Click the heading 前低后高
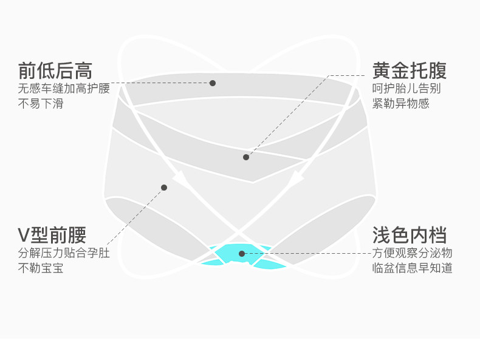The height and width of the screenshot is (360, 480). (x=55, y=70)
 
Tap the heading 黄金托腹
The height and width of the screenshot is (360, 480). (x=410, y=70)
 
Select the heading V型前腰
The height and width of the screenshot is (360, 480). (x=52, y=234)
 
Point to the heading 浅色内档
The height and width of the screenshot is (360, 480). (x=410, y=234)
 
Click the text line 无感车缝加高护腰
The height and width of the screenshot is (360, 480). (x=64, y=89)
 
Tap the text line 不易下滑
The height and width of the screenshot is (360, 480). (x=40, y=104)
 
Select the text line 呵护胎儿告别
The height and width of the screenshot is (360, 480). (x=406, y=89)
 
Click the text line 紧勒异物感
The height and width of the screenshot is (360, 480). (x=401, y=104)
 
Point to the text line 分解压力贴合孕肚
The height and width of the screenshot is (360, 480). (x=64, y=253)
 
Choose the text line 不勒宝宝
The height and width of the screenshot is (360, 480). (x=40, y=268)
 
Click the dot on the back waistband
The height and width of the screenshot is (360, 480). (x=213, y=83)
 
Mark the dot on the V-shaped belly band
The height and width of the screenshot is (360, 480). (x=246, y=157)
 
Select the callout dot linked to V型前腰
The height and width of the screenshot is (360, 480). (x=164, y=188)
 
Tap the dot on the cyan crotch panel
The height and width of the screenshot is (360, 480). (x=242, y=253)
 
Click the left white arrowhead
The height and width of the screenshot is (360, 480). (x=180, y=177)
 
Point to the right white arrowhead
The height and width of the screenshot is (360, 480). (x=296, y=177)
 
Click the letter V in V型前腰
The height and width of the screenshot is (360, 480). (x=24, y=235)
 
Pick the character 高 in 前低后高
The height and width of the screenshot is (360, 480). (x=83, y=70)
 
